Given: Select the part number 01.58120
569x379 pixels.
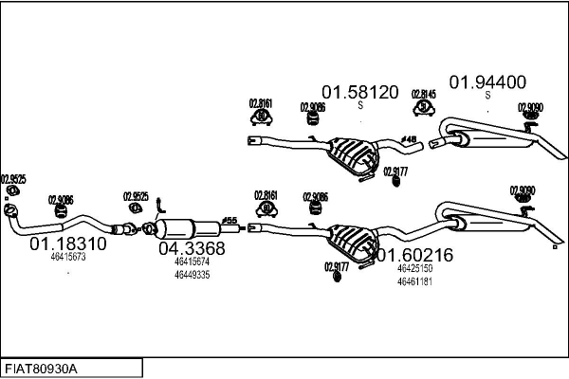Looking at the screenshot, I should (x=359, y=92).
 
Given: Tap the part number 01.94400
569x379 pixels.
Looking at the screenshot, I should (x=487, y=81).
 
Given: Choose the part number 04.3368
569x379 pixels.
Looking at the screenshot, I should (x=192, y=249).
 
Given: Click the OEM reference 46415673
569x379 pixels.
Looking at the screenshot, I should (x=68, y=257).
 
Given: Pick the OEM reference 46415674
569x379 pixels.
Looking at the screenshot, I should (x=192, y=262).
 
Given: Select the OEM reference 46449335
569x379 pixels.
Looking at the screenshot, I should (x=192, y=275).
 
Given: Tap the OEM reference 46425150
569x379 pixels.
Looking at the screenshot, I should (x=414, y=268).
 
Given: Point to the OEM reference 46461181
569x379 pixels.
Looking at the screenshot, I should (x=414, y=280).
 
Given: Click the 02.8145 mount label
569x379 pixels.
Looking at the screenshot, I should (x=423, y=94).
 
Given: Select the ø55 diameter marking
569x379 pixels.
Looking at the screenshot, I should (x=229, y=220).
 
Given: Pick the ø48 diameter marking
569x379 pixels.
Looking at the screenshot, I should (x=410, y=139).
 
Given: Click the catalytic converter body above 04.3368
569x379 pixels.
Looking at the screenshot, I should (x=186, y=228).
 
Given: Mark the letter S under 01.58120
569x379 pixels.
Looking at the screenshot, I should (x=359, y=105).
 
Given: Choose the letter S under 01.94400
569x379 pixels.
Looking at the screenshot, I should (x=487, y=95).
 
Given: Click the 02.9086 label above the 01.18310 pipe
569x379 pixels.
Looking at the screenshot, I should (x=61, y=199).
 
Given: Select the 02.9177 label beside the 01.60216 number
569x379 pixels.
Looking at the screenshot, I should (x=337, y=266).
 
